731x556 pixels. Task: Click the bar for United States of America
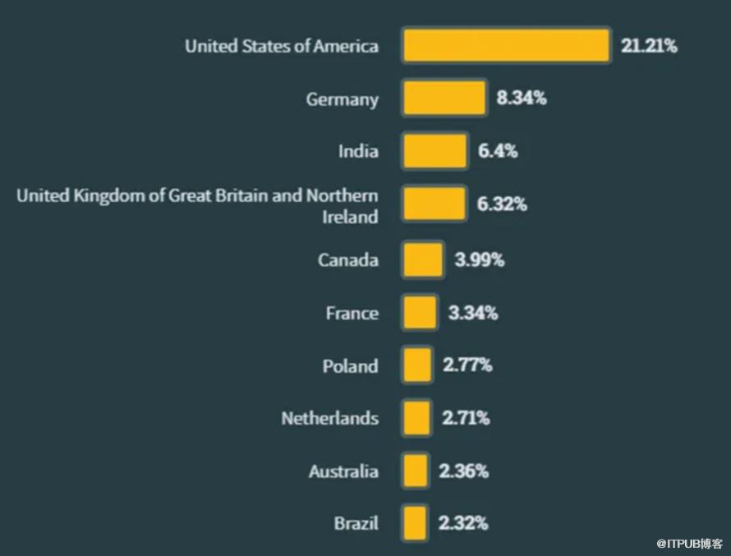pos(505,45)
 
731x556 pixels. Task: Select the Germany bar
pos(444,99)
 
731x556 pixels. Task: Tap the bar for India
pos(434,151)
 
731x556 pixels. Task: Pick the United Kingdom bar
pos(434,204)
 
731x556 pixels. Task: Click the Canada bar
pos(423,260)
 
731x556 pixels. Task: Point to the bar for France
pos(420,313)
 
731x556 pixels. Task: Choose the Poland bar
pos(417,365)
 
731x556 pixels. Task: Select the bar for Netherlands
pos(416,418)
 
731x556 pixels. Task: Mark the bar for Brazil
pos(415,523)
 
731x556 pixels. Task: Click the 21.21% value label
pos(649,46)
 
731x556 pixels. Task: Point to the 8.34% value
pos(521,99)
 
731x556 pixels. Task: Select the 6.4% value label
pos(498,151)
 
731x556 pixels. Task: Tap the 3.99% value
pos(480,260)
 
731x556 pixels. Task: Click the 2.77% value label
pos(467,365)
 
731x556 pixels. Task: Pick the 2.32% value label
pos(463,523)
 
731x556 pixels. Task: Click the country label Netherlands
pos(329,418)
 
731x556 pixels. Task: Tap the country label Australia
pos(343,471)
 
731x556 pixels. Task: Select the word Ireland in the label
pos(349,217)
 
